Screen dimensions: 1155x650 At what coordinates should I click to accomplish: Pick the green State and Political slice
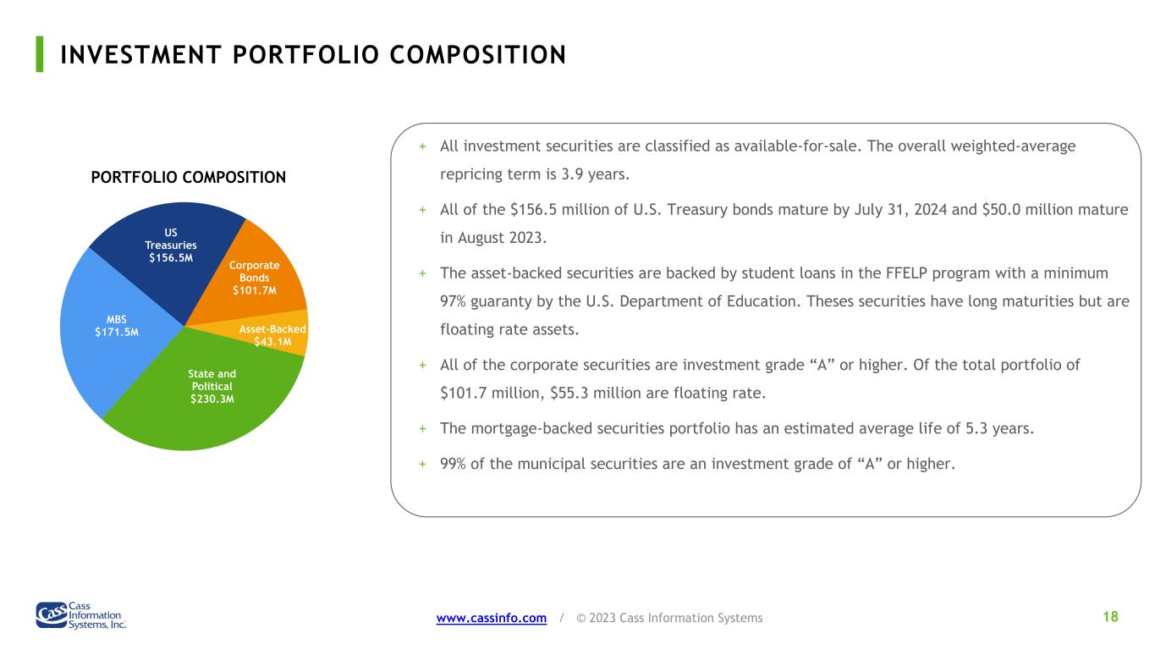click(206, 397)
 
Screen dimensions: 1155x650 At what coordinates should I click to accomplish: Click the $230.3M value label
click(212, 399)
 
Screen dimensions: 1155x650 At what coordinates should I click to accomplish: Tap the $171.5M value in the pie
click(117, 333)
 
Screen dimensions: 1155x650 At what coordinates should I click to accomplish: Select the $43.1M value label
click(272, 342)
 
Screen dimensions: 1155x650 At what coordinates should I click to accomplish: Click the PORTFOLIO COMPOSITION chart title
click(188, 178)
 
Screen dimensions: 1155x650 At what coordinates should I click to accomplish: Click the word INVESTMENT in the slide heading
click(140, 55)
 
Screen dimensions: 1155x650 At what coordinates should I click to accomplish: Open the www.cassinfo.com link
click(492, 618)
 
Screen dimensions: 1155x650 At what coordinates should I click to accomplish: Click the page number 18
click(1110, 617)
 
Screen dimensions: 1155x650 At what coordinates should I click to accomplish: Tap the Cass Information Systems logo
click(81, 615)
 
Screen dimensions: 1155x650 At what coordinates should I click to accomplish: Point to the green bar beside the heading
click(40, 54)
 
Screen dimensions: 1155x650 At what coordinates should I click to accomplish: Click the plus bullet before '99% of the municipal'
click(423, 465)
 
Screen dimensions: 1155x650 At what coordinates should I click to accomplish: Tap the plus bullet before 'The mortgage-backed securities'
click(423, 429)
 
